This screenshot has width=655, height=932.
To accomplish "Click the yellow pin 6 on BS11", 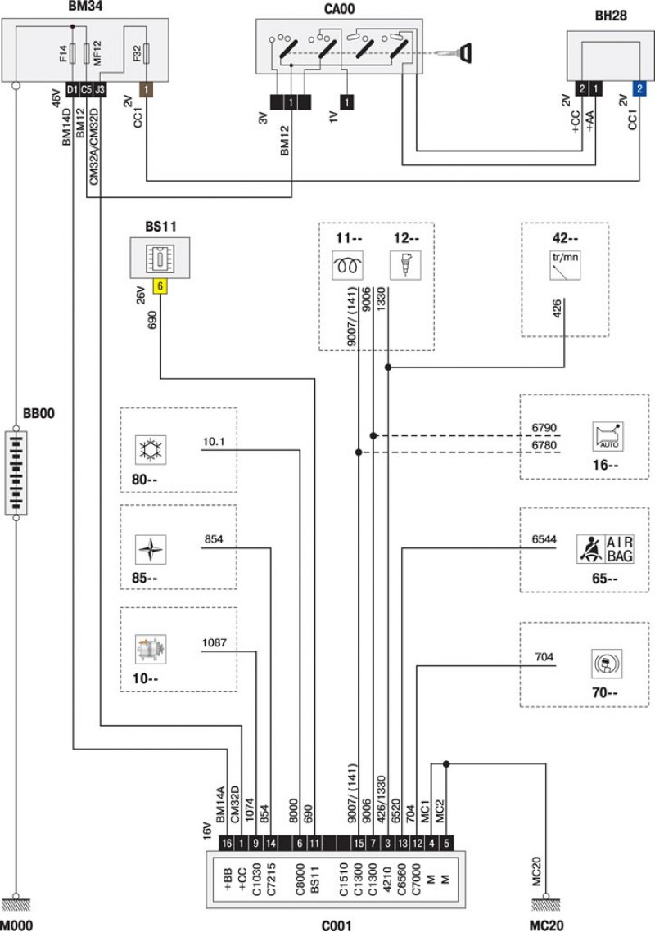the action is [x=160, y=286].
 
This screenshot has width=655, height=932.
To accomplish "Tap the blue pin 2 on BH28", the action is [x=639, y=88].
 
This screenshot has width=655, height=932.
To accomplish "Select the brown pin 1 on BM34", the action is [x=146, y=89].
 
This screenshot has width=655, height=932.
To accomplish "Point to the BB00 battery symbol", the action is [x=16, y=473].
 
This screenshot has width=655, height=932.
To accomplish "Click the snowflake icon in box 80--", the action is [x=151, y=449].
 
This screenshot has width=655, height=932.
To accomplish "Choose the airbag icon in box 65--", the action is [x=605, y=548].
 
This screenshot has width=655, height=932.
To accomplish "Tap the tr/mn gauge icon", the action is [x=565, y=266].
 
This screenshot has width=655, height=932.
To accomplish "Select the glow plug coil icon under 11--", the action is [x=347, y=265].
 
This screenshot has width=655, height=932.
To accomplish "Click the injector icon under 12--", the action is [x=405, y=265].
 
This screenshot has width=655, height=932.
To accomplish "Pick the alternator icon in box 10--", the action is [x=151, y=649].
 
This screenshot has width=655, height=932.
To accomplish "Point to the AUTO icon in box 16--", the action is [x=608, y=437].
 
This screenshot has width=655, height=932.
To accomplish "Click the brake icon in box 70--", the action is [x=607, y=664].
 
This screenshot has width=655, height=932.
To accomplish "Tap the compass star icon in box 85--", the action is [x=151, y=549].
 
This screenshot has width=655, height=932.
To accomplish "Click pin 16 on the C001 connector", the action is [x=226, y=843].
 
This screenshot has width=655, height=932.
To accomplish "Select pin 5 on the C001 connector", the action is [x=446, y=843].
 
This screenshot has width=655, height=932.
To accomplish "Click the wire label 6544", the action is [x=544, y=539].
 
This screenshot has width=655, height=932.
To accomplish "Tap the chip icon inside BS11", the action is [x=160, y=259].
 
